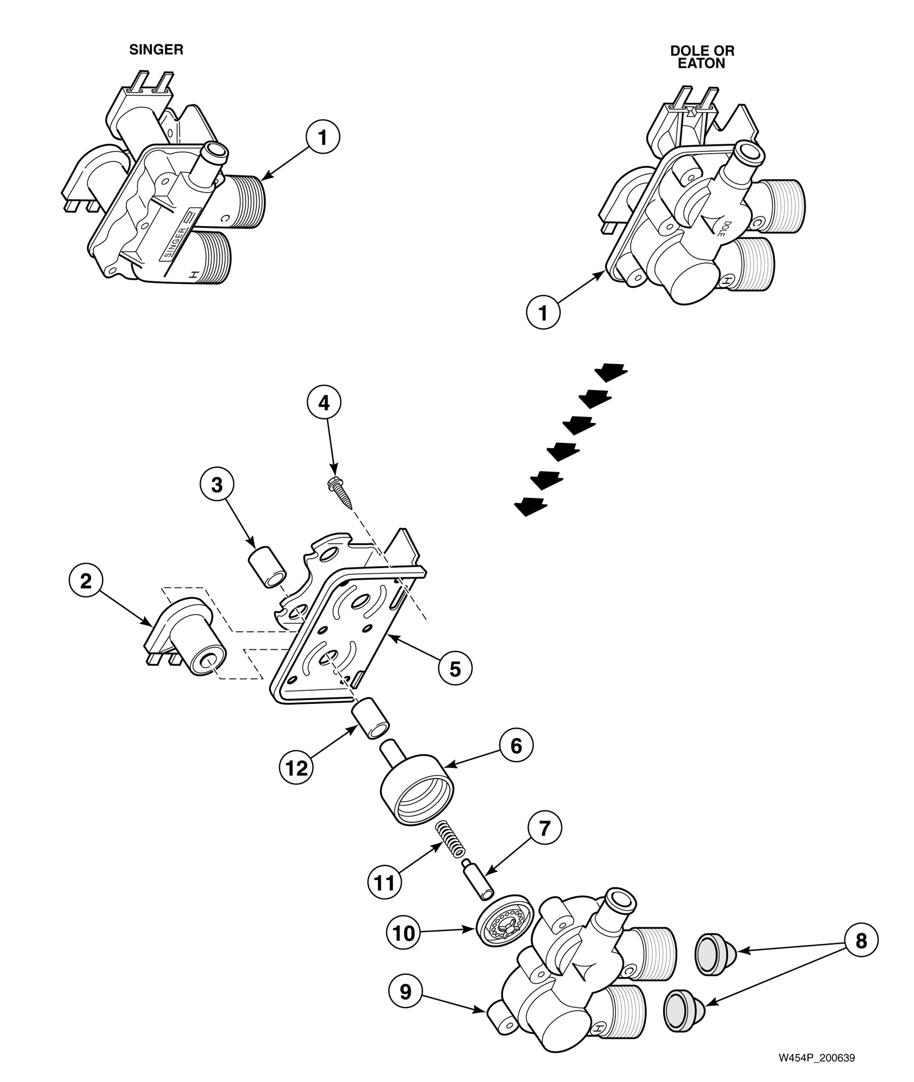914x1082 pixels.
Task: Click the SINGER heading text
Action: (x=156, y=50)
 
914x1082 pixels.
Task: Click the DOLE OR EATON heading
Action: (x=702, y=57)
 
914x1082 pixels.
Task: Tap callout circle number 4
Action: (x=324, y=404)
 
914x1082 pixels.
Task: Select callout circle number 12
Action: (x=297, y=768)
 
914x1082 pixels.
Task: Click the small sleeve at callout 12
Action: (x=371, y=720)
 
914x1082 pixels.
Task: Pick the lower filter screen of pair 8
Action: (x=683, y=1008)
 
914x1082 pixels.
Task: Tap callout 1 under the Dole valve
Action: (x=544, y=313)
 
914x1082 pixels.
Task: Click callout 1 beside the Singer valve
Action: (x=323, y=138)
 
